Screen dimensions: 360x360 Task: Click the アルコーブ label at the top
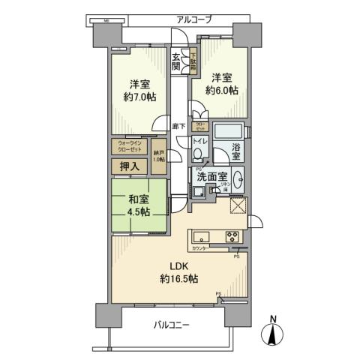point(193,19)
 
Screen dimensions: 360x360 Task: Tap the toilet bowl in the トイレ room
point(196,154)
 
